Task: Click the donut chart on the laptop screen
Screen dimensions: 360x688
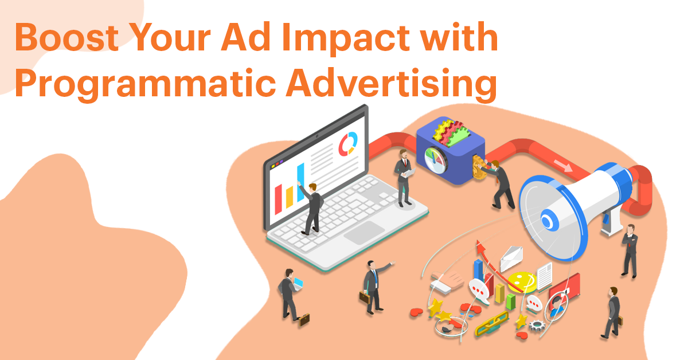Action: [x=347, y=143]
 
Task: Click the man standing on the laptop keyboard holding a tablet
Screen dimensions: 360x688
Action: [x=404, y=178]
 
